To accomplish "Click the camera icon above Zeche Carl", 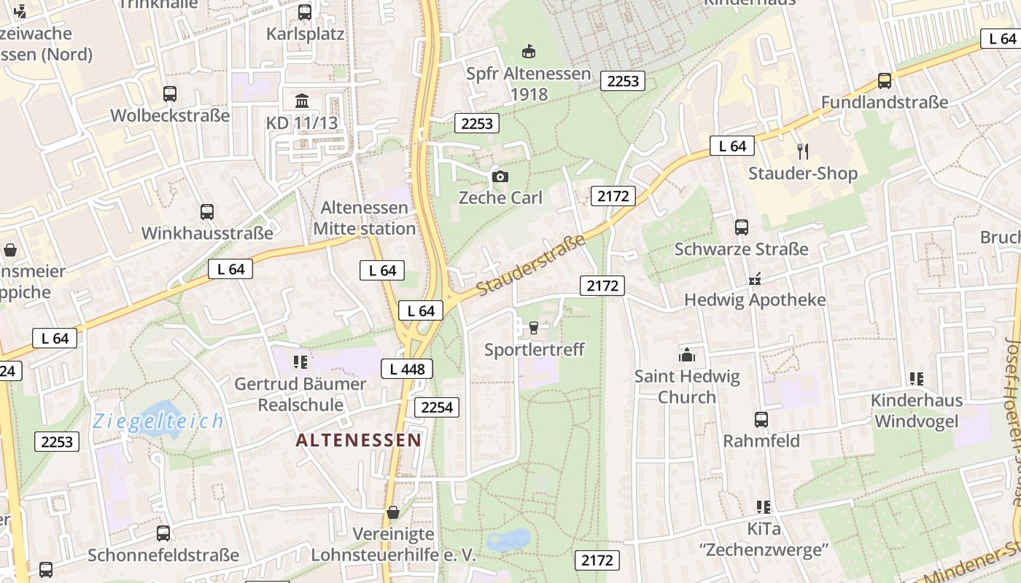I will pyautogui.click(x=500, y=176).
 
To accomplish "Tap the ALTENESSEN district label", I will pyautogui.click(x=359, y=440).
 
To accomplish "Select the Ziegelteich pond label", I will pyautogui.click(x=158, y=421).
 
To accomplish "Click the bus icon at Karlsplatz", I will pyautogui.click(x=305, y=12).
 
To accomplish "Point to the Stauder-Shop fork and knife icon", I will pyautogui.click(x=803, y=151).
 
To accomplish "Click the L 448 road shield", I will pyautogui.click(x=407, y=369).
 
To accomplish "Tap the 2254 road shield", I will pyautogui.click(x=437, y=407).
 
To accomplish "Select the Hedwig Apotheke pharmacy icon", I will pyautogui.click(x=755, y=278).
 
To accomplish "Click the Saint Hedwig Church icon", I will pyautogui.click(x=686, y=355).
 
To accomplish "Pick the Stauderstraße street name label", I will pyautogui.click(x=532, y=265).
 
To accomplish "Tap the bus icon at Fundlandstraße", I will pyautogui.click(x=885, y=80).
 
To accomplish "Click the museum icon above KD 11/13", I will pyautogui.click(x=302, y=101).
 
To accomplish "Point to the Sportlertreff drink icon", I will pyautogui.click(x=534, y=328).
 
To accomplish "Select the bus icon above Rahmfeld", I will pyautogui.click(x=761, y=419).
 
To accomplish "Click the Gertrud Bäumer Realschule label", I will pyautogui.click(x=300, y=394).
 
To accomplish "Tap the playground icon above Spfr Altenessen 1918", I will pyautogui.click(x=529, y=51).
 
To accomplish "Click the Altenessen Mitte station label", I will pyautogui.click(x=365, y=218).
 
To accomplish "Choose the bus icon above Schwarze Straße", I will pyautogui.click(x=742, y=227).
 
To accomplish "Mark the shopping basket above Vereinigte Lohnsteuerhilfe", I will pyautogui.click(x=393, y=512).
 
